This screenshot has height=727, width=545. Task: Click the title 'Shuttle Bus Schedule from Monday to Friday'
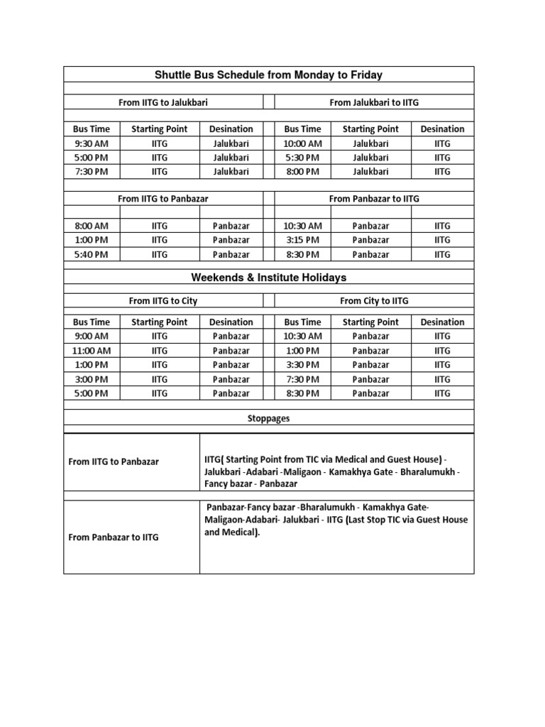pos(269,75)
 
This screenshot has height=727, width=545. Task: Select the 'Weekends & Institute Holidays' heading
pos(269,278)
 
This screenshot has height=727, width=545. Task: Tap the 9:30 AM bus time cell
pos(92,143)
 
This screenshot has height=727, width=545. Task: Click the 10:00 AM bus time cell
pos(302,143)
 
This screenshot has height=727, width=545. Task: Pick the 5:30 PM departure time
pos(302,158)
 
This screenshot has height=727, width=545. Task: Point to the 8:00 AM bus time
pos(92,226)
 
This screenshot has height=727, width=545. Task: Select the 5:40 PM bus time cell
pos(92,254)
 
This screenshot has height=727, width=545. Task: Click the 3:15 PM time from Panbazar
pos(302,240)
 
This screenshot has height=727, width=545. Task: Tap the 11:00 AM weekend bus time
pos(92,351)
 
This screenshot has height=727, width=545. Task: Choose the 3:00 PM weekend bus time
pos(92,379)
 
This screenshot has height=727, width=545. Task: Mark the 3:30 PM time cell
pos(302,365)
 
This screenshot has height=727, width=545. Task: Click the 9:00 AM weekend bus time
pos(92,337)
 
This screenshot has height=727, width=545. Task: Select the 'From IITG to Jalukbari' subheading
pos(163,102)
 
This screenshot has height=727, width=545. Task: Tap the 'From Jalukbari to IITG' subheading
pos(374,102)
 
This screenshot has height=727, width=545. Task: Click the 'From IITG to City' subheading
pos(163,301)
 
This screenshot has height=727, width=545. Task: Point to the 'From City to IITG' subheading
pos(374,301)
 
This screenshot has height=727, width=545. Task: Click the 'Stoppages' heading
pos(269,419)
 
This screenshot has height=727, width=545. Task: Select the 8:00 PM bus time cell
pos(302,172)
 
